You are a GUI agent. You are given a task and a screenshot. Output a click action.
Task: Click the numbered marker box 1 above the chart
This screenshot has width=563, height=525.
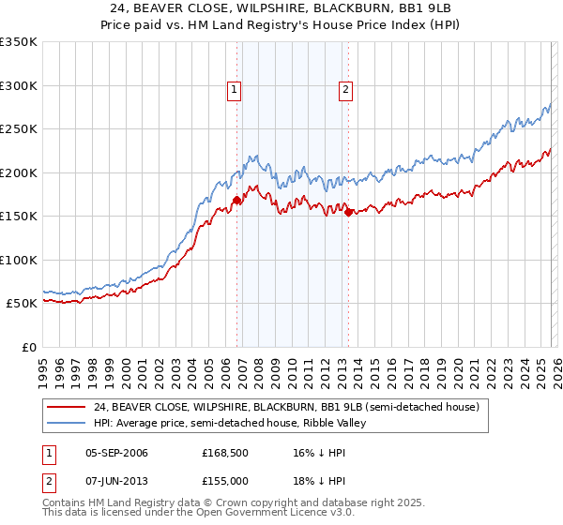point(234,90)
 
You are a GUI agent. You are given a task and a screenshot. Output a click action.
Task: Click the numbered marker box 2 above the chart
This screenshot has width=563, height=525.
point(346,90)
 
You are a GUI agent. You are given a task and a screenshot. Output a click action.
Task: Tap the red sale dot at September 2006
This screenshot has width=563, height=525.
point(236,200)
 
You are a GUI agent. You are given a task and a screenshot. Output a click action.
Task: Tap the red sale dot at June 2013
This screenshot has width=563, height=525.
point(349,212)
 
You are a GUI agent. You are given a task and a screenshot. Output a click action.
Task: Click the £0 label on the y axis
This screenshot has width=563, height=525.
point(28,347)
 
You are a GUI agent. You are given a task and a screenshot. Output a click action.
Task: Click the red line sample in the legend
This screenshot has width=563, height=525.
point(67,407)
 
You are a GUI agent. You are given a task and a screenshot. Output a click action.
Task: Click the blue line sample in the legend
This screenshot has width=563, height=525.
point(67,423)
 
